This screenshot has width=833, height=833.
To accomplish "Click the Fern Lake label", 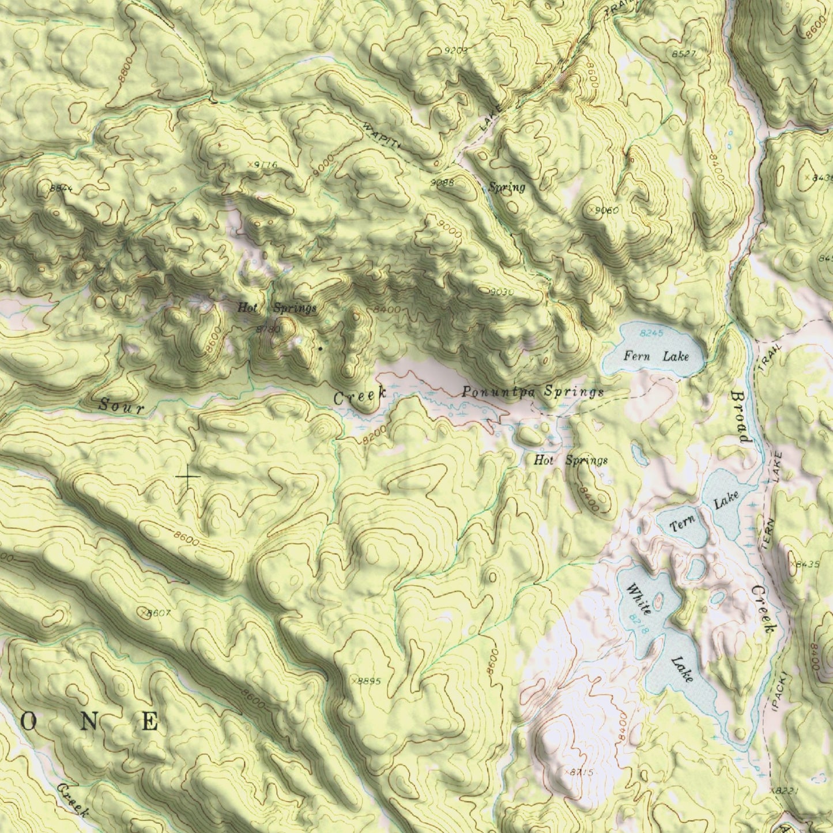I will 656,356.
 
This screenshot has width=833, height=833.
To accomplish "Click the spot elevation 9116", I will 264,165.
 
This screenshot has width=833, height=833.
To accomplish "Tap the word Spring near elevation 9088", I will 507,187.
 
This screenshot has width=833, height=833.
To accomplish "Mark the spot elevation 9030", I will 501,292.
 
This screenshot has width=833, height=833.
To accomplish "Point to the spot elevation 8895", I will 368,681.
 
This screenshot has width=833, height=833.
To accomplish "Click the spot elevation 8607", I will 157,613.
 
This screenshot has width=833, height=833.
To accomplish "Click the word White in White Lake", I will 639,599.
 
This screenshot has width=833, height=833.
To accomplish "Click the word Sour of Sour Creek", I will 120,405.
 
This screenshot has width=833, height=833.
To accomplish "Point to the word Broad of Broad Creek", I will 741,417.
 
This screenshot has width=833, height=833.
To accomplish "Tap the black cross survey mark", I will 188,477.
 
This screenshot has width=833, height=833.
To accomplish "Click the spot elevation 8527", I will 684,54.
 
